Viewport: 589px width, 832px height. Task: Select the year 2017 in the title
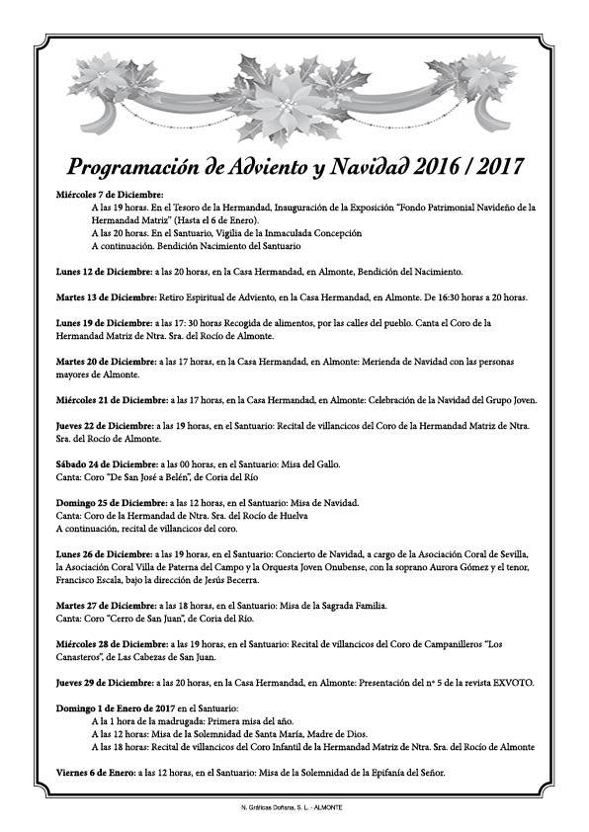pyautogui.click(x=493, y=164)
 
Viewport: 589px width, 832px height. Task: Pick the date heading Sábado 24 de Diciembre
pyautogui.click(x=106, y=462)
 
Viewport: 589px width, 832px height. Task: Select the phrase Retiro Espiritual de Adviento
pyautogui.click(x=215, y=297)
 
